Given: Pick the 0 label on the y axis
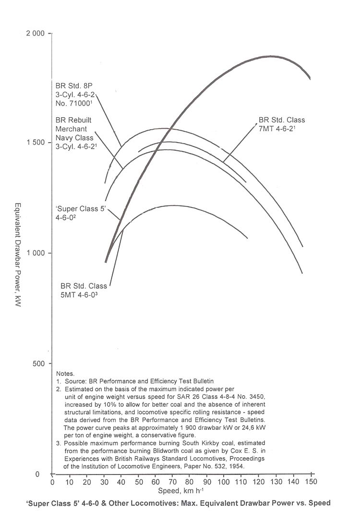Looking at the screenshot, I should coord(44,475).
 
